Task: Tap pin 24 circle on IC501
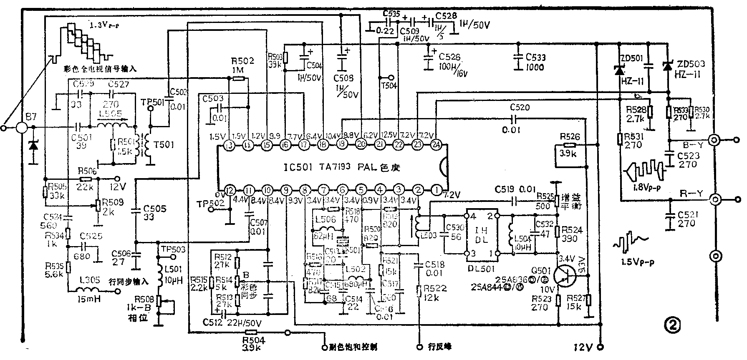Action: [x=436, y=145]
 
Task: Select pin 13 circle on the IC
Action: [x=229, y=145]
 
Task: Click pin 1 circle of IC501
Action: [x=436, y=189]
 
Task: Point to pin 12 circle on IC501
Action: [x=229, y=190]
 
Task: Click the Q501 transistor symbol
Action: [x=564, y=275]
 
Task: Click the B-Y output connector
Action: [x=715, y=140]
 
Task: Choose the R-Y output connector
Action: [x=715, y=199]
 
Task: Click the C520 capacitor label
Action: [x=520, y=108]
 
